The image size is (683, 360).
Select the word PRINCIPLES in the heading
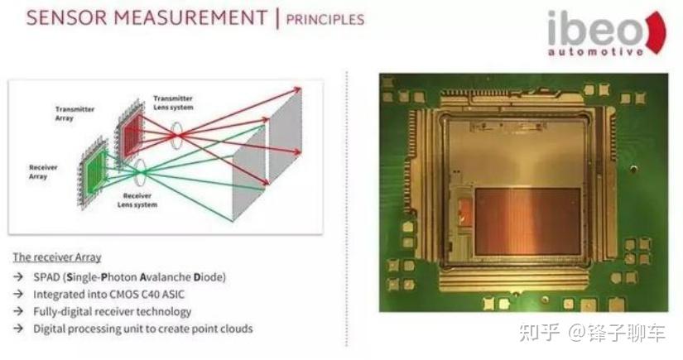[325, 18]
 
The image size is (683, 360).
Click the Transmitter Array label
[75, 113]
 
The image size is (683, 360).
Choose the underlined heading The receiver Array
[56, 257]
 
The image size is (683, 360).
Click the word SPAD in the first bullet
[47, 276]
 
